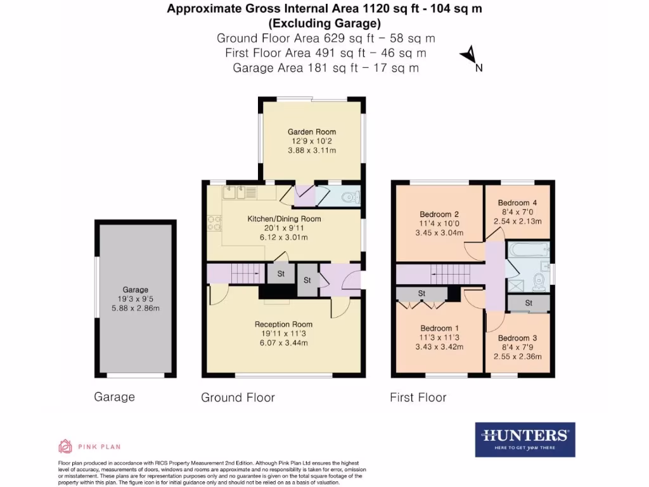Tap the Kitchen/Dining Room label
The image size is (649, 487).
point(284,219)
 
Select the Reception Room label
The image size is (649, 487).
point(283,324)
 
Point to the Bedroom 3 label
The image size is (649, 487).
point(517,338)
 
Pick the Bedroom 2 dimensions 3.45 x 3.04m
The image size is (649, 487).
point(439,233)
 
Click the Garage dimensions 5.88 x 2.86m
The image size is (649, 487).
point(136,309)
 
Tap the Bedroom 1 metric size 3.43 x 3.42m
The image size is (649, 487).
point(439,347)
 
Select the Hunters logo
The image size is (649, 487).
point(525,439)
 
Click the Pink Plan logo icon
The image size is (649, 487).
point(65,446)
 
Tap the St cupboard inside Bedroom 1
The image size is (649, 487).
point(421,294)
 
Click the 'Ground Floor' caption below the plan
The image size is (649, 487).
point(238,398)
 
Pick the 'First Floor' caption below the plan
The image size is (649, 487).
point(418,398)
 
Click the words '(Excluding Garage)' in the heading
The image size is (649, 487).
point(324,24)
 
